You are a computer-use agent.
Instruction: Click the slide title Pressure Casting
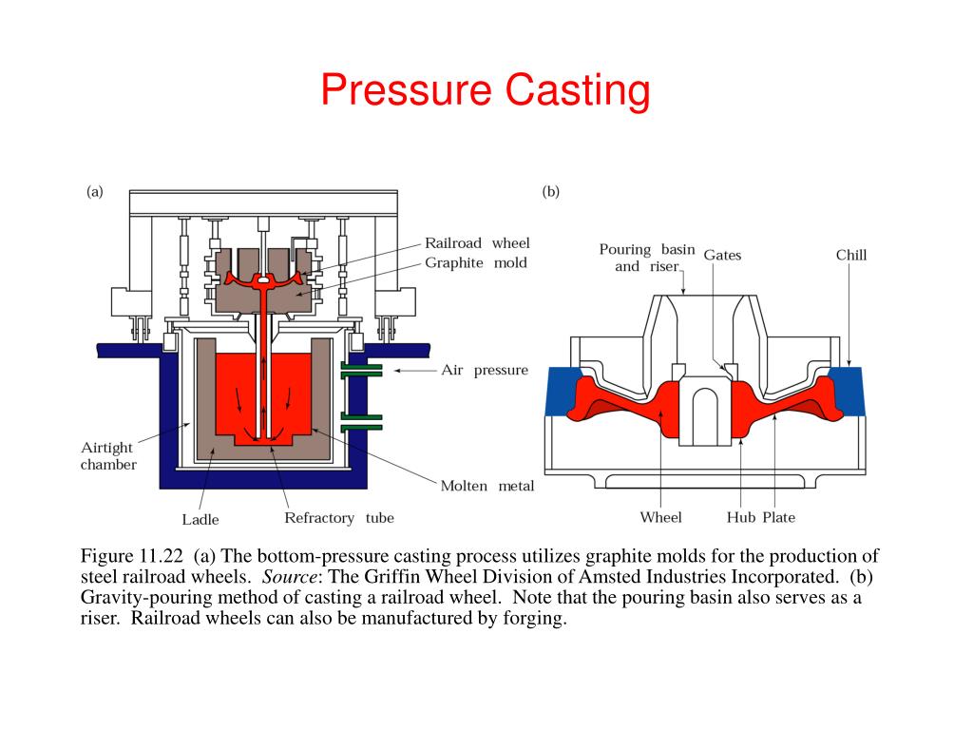coord(486,91)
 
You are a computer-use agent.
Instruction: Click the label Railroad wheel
coord(476,243)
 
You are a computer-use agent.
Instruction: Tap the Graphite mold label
coord(475,263)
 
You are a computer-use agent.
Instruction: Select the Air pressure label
coord(484,370)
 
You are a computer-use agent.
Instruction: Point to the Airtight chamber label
coord(107,455)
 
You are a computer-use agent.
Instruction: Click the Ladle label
coord(200,519)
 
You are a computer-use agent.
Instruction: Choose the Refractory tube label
coord(339,518)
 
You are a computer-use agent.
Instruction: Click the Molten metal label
coord(486,486)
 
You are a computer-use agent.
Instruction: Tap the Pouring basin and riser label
coord(646,258)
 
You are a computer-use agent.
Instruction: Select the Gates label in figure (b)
coord(721,256)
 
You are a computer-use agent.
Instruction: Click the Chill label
coord(851,255)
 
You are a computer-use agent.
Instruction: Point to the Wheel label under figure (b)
coord(660,518)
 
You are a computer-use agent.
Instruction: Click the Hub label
coord(740,518)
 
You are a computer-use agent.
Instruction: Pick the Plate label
coord(778,518)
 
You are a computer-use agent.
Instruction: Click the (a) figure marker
coord(95,191)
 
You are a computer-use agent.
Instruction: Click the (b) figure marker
coord(551,191)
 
